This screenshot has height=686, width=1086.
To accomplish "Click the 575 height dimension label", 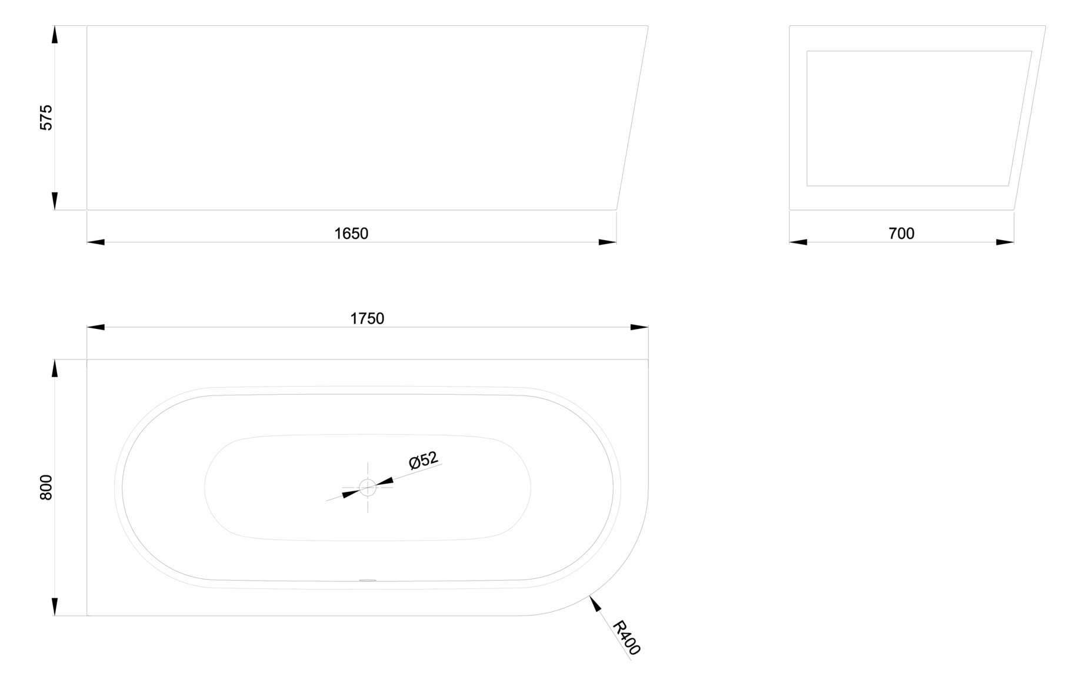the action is (46, 117).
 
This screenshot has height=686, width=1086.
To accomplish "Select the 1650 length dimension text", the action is (351, 234).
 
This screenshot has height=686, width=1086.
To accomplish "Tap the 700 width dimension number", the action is (901, 234).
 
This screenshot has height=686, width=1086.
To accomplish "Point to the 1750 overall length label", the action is (367, 318).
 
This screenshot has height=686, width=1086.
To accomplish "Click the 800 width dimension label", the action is (46, 487).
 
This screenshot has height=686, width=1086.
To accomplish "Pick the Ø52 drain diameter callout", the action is (424, 460).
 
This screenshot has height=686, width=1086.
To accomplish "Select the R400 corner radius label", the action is (626, 638).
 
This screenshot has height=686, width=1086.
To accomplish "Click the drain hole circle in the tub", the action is (368, 488).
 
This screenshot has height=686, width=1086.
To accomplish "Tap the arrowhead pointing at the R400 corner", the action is (595, 604).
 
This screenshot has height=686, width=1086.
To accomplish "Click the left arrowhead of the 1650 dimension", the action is (96, 242).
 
